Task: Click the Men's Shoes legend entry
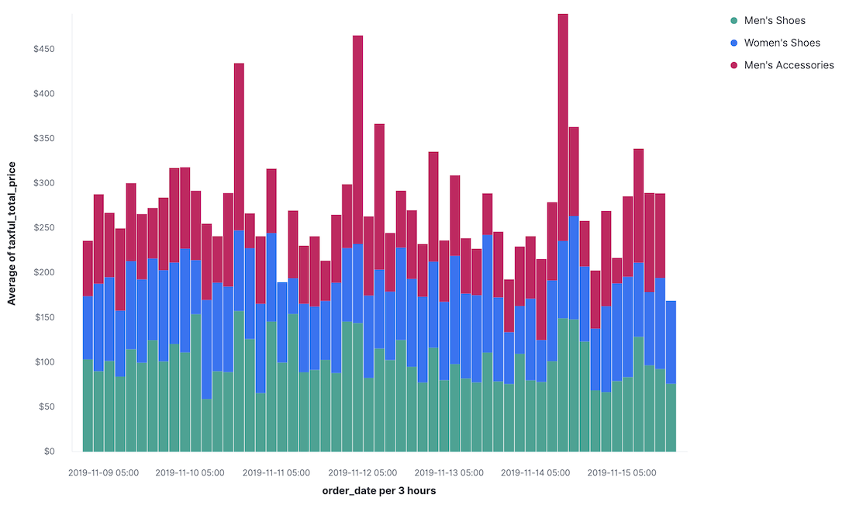[x=774, y=20]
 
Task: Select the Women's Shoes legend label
[x=782, y=43]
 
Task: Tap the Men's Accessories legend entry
[x=789, y=65]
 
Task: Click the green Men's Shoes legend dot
[x=733, y=20]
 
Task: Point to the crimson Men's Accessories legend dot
[x=733, y=65]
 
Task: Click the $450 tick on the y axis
[x=43, y=49]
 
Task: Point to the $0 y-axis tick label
[x=49, y=451]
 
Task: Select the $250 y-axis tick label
[x=43, y=228]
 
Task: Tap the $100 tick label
[x=43, y=362]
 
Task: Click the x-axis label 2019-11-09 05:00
[x=103, y=472]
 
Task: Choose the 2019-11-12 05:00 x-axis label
[x=363, y=472]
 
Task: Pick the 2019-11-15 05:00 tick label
[x=622, y=472]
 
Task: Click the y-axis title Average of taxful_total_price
[x=12, y=233]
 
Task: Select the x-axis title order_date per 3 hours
[x=379, y=491]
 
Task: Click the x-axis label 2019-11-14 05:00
[x=536, y=472]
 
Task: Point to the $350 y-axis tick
[x=43, y=139]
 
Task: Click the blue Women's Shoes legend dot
[x=733, y=43]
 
